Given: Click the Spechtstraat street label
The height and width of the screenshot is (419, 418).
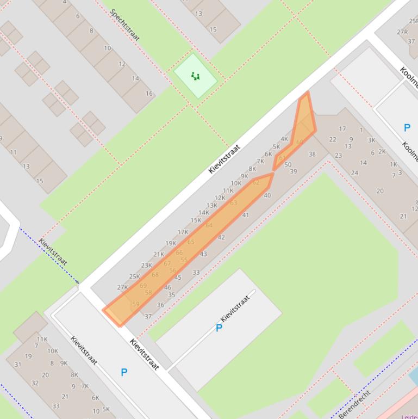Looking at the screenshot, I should click(125, 24).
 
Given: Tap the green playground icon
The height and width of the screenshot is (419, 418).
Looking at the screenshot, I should click(196, 76).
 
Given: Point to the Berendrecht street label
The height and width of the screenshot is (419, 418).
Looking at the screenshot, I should click(354, 404).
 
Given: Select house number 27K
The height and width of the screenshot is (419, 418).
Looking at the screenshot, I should click(123, 288).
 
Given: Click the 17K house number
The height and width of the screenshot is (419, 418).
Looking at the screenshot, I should click(183, 232).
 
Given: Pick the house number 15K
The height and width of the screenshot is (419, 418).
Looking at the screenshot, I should click(196, 220).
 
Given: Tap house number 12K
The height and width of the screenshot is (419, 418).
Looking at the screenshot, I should click(220, 198).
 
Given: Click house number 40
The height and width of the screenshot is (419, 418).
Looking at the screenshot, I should click(267, 195).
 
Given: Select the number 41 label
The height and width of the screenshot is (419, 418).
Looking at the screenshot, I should click(245, 215).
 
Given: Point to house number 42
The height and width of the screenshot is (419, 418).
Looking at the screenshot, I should click(221, 237).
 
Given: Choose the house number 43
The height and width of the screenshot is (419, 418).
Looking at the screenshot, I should click(203, 254).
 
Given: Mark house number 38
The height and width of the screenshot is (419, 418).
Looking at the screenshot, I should click(312, 154).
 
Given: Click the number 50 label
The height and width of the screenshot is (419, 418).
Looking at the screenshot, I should click(288, 165).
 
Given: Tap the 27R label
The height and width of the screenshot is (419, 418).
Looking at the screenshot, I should click(402, 32).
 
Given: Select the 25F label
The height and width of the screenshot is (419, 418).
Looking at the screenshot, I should click(414, 21).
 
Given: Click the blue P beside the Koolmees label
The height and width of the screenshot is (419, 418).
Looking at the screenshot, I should click(407, 128).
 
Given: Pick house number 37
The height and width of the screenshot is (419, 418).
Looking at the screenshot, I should click(148, 316).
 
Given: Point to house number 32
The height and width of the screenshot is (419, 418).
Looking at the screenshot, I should click(35, 383).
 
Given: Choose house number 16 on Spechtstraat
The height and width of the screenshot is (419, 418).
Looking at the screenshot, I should click(148, 94).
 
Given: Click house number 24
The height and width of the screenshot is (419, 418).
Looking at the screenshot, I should click(354, 173).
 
